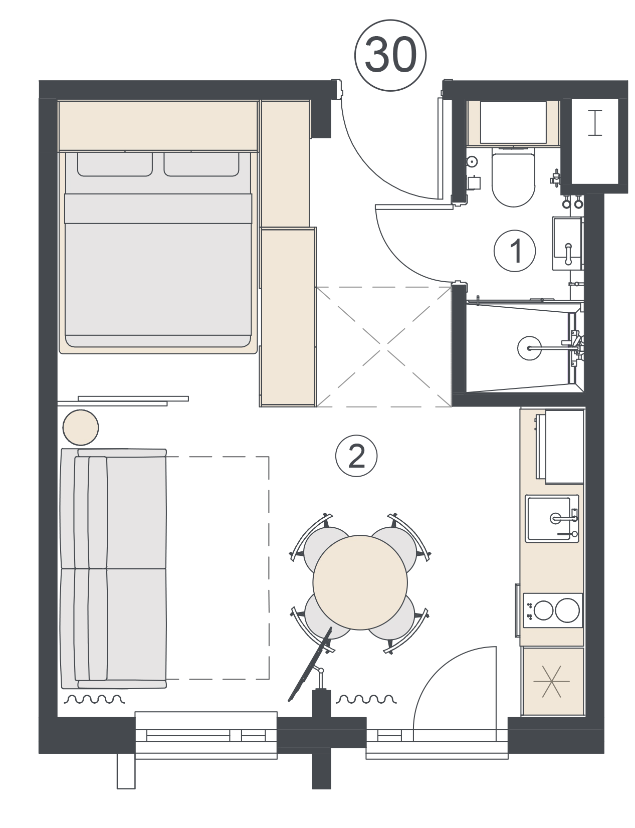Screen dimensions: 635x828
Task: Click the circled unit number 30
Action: pos(390,55)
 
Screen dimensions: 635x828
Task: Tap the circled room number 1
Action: pos(514,251)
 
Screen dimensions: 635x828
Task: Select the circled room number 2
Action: pos(356,456)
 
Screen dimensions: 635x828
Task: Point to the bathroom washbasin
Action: pos(567,244)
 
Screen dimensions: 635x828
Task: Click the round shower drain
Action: pos(529,348)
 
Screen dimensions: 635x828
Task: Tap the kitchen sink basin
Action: pos(552,518)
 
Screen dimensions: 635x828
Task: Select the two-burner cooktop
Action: pos(552,610)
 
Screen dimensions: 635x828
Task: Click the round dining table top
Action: pos(360,582)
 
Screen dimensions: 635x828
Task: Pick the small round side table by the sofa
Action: pos(81,428)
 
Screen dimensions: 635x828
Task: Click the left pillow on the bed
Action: pos(115,164)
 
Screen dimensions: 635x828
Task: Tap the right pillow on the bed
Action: pos(201,164)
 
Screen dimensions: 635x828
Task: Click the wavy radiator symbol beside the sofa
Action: pos(94,699)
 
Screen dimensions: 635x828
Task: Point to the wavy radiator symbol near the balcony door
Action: pos(366,699)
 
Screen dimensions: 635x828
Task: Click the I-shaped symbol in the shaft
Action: pos(594,123)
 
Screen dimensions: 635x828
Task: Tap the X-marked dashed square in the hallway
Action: pos(383,347)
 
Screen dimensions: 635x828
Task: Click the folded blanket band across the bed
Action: pos(158,209)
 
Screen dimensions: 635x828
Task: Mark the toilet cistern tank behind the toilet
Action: pos(513,123)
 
